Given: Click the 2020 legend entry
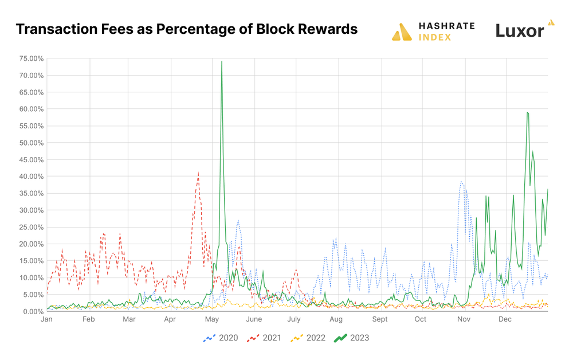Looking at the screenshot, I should [221, 338].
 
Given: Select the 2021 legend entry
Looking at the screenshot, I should [264, 338].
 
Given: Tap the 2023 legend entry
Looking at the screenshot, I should [352, 338].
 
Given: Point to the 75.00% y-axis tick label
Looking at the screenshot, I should [32, 58].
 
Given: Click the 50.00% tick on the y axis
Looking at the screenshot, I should [32, 143].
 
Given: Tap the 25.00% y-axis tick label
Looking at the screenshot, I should [32, 227].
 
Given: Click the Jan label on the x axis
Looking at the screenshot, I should [47, 319].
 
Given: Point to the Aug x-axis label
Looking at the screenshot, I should [336, 319].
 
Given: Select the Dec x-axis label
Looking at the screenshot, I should [505, 319].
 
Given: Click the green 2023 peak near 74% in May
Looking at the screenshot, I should [222, 61].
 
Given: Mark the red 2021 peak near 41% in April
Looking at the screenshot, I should [198, 173].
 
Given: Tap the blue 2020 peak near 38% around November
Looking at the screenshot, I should [461, 182].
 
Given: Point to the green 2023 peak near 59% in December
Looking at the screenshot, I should [527, 112].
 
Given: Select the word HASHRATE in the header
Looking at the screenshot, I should [446, 26].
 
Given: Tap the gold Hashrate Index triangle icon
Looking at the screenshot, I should [402, 32].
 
